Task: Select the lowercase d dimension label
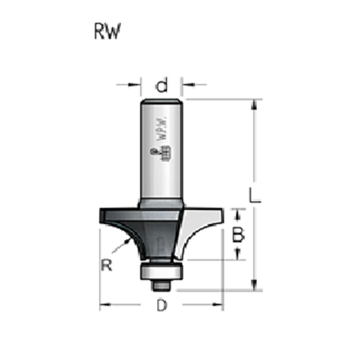point(162,84)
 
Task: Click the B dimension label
point(239,234)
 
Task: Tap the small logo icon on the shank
point(156,154)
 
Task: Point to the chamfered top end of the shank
point(162,101)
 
